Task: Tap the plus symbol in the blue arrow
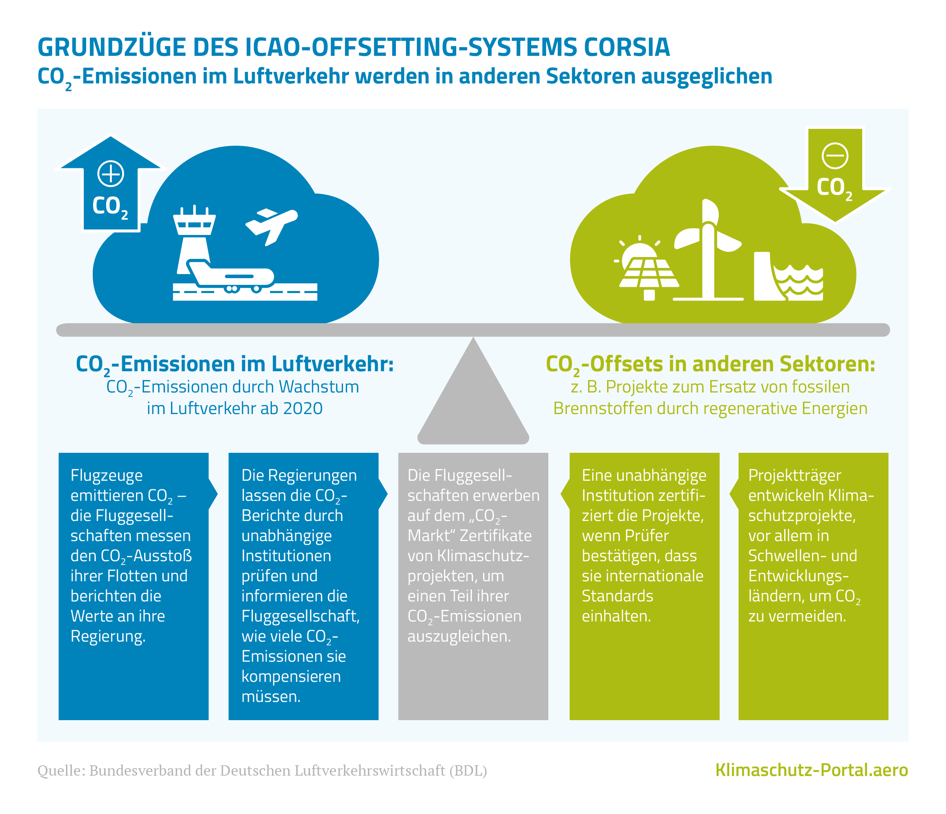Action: coord(111,174)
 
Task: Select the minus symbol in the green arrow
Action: coord(835,156)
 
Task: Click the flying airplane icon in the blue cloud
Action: coord(271,224)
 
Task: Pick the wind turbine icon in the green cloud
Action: coord(708,249)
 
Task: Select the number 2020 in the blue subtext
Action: coord(303,408)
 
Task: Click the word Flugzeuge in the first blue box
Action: coord(107,475)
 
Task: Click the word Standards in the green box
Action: coord(617,596)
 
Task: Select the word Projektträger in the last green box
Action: coord(794,475)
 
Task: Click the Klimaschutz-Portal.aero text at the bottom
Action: coord(811,770)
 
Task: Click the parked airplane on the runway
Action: coord(231,276)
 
